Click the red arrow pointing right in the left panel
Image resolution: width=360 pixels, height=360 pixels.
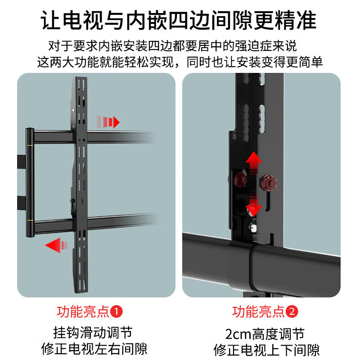click(109, 122)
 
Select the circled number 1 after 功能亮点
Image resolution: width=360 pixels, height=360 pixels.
click(117, 311)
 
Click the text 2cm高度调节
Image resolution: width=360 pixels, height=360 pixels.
click(265, 333)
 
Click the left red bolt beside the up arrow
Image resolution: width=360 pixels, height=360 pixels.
click(239, 180)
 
